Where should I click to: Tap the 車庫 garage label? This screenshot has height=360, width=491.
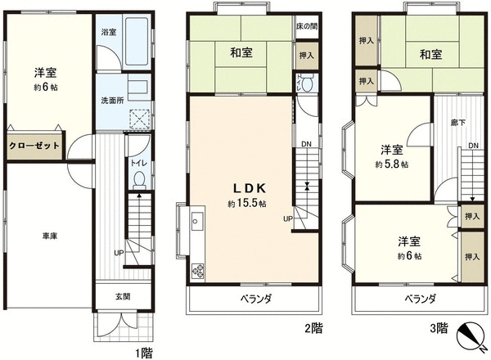click(50, 236)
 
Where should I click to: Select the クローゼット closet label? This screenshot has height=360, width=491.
click(34, 146)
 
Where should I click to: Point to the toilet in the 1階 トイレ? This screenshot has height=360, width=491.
click(139, 181)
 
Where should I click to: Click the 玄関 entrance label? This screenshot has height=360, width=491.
click(123, 296)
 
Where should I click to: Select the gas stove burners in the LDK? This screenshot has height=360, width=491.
click(197, 271)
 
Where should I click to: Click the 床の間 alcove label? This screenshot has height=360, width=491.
click(307, 26)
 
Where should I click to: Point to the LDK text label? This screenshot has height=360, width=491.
click(250, 188)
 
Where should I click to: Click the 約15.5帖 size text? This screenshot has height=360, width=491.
click(247, 204)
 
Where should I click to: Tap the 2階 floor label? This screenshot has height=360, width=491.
click(313, 328)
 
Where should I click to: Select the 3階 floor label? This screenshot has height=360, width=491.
click(439, 328)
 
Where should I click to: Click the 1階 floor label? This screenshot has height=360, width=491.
click(144, 353)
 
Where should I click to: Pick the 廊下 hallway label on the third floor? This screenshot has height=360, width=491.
click(457, 123)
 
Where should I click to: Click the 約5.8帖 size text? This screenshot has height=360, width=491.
click(391, 164)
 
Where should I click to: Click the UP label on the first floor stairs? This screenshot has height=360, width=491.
click(119, 253)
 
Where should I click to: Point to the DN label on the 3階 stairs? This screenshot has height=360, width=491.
click(474, 146)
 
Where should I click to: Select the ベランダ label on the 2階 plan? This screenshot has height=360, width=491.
click(255, 299)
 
